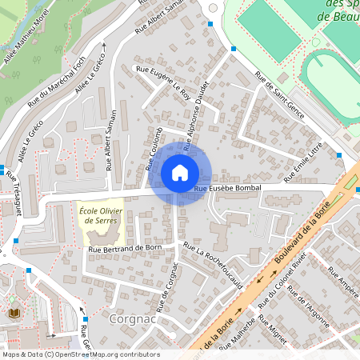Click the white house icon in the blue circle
(180, 172)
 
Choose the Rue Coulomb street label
(154, 149)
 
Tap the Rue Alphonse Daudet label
(197, 115)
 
